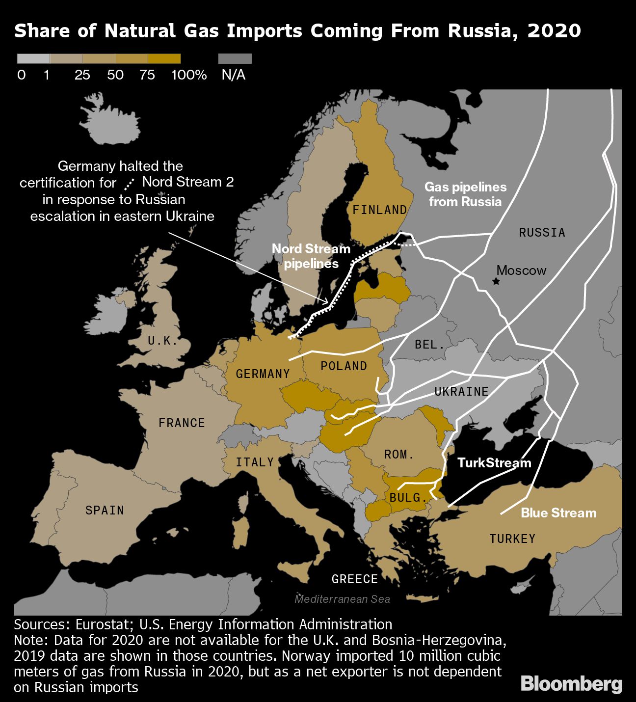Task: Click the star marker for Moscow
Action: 496,281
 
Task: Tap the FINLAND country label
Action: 379,210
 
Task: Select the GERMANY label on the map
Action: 263,374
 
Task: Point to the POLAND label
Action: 344,366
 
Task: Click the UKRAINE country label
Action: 461,391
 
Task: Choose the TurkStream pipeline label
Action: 494,463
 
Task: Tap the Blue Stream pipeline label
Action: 558,513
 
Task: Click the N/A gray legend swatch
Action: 235,59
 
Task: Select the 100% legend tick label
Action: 189,75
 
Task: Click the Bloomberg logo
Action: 571,684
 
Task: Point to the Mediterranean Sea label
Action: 342,599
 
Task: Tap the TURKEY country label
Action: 512,539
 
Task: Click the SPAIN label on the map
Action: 105,511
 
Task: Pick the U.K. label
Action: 162,341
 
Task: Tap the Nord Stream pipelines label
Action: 311,256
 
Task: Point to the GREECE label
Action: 354,579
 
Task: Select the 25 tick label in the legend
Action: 82,75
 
